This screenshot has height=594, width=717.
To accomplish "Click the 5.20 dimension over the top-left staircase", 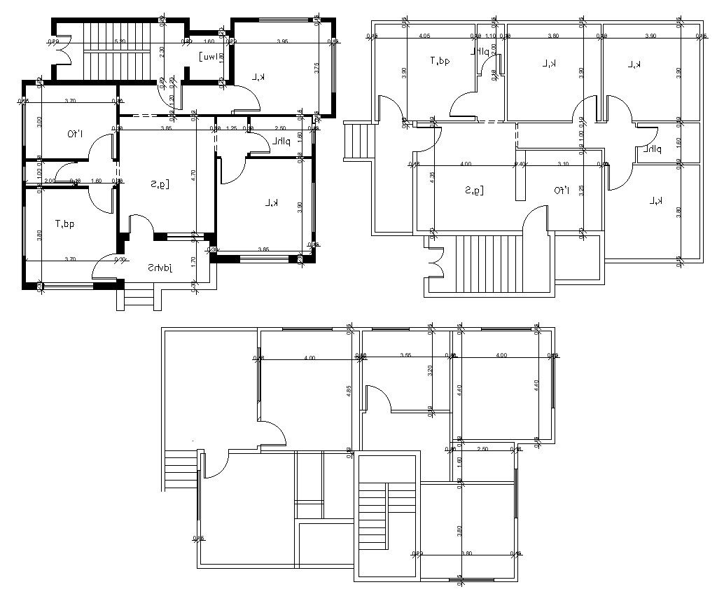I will point(120,41).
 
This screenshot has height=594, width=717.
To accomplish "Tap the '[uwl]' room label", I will point(209,56).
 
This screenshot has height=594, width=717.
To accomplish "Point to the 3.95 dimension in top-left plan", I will point(282,41).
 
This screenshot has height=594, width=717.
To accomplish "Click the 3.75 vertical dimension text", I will point(317,68).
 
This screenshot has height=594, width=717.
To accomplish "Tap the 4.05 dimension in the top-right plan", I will point(424,35).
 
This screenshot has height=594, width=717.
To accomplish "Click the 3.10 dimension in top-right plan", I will point(563,164).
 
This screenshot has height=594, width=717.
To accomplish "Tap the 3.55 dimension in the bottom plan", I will point(405,356).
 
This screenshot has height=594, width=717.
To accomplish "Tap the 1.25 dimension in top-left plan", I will point(232,128).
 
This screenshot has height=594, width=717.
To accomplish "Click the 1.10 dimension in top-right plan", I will point(490,35).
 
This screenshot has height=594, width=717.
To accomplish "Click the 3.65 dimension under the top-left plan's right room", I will point(263,249).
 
